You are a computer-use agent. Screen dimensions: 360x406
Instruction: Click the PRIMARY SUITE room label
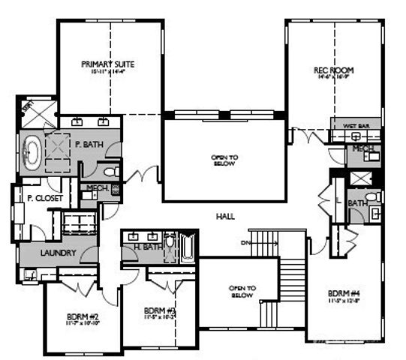107,64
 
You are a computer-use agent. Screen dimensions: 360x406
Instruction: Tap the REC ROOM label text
333,70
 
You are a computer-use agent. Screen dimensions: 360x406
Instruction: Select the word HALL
224,216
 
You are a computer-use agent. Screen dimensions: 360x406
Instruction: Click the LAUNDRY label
58,253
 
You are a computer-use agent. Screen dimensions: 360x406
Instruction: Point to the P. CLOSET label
44,199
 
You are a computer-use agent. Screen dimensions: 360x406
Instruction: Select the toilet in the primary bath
110,172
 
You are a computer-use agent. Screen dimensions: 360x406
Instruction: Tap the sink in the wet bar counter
356,136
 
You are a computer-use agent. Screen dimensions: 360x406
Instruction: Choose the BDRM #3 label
159,310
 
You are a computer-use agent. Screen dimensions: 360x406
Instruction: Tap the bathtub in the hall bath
187,247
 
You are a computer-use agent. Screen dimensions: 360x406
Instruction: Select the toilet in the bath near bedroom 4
376,197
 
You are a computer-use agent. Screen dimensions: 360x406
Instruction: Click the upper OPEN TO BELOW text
224,159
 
